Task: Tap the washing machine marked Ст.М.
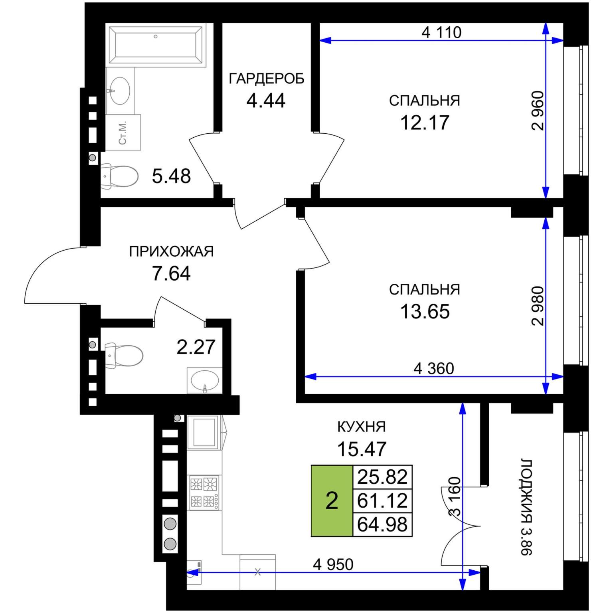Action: (123, 132)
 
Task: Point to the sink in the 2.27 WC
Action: (205, 381)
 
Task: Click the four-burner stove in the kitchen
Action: (204, 492)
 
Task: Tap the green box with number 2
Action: (332, 501)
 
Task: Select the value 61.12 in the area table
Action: (382, 500)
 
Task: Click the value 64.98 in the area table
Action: (382, 524)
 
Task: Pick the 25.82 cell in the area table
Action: (382, 477)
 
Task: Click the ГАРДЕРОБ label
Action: (267, 79)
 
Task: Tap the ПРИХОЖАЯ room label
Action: (172, 251)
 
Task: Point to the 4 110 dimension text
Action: (441, 32)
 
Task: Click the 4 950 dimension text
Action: (333, 565)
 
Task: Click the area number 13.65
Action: (425, 311)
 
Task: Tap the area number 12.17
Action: (425, 122)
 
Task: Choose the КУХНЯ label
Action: (362, 427)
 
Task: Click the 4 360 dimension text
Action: (434, 369)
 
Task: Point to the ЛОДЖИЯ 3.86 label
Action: (526, 507)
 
